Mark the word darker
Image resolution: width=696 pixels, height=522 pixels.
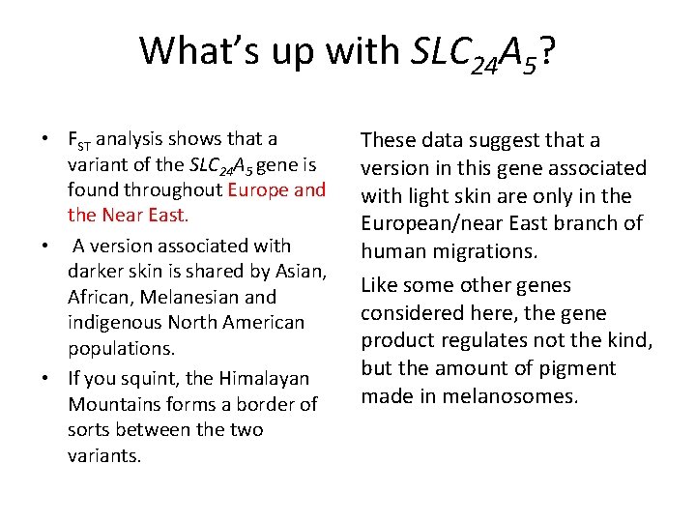tap(96, 272)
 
